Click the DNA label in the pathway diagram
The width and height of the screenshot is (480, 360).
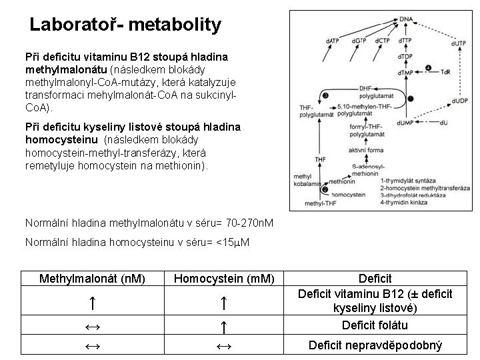[405, 19]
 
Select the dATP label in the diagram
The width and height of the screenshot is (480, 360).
[331, 41]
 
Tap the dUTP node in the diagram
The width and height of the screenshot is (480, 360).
[459, 43]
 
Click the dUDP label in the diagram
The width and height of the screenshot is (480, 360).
[459, 100]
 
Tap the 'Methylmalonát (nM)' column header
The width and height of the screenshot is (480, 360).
[93, 278]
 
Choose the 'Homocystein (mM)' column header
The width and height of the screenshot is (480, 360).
[224, 278]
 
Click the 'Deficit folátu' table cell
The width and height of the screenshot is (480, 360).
[375, 325]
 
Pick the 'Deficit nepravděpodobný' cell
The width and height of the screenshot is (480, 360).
[375, 345]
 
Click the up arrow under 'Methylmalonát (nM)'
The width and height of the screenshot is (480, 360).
[93, 303]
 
